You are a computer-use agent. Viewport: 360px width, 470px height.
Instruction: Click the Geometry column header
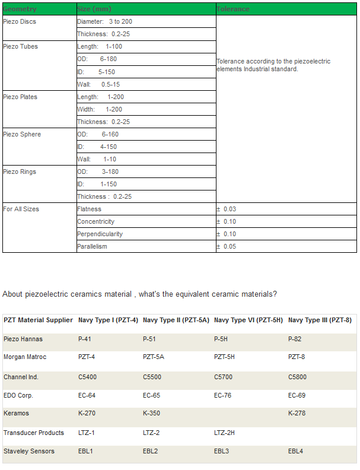[x=20, y=9]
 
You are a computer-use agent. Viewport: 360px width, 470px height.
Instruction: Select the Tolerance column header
[x=233, y=9]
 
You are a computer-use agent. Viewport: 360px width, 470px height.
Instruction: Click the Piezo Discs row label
[x=20, y=22]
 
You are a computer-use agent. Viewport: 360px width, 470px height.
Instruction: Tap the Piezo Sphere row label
[x=22, y=135]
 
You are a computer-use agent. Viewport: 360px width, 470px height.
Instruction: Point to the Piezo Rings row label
[x=20, y=172]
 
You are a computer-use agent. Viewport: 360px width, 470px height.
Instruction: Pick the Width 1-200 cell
[x=100, y=110]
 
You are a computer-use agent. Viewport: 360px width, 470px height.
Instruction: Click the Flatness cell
[x=90, y=209]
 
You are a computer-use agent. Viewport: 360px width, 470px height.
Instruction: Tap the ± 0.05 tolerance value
[x=226, y=247]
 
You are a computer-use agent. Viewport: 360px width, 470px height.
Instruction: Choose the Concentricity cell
[x=96, y=222]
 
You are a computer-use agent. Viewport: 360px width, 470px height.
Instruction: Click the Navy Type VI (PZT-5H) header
[x=249, y=320]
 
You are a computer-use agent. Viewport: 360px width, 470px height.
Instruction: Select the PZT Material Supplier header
[x=38, y=320]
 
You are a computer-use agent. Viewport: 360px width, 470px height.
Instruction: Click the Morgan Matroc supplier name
[x=25, y=357]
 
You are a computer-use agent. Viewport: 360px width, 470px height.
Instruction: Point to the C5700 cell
[x=224, y=377]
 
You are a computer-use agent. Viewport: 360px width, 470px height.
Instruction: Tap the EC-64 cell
[x=87, y=396]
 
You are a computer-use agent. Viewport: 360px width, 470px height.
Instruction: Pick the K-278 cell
[x=297, y=414]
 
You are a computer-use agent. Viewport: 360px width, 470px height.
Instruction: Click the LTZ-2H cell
[x=224, y=433]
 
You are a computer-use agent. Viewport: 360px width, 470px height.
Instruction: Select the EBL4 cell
[x=297, y=452]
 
